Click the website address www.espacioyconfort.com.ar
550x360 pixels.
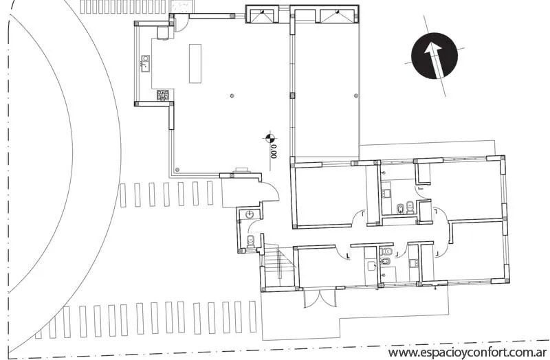[x=468, y=352]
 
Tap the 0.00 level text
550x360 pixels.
[x=274, y=152]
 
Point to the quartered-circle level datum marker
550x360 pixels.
[x=269, y=137]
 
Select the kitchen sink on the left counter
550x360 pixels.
[x=145, y=63]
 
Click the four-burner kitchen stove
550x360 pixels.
[x=163, y=95]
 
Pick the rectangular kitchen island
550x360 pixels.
[x=195, y=63]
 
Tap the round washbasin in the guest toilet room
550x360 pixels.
[x=250, y=214]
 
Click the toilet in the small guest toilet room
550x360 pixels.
[x=250, y=241]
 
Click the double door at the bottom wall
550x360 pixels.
[x=320, y=298]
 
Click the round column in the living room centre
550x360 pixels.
[x=232, y=95]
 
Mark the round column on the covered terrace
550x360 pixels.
[x=356, y=95]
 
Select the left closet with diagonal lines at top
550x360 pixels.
[x=261, y=16]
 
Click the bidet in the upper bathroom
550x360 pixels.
[x=400, y=210]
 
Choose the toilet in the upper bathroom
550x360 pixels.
[x=410, y=208]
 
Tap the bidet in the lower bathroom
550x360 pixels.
[x=384, y=261]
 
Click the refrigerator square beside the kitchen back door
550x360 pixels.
[x=163, y=32]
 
